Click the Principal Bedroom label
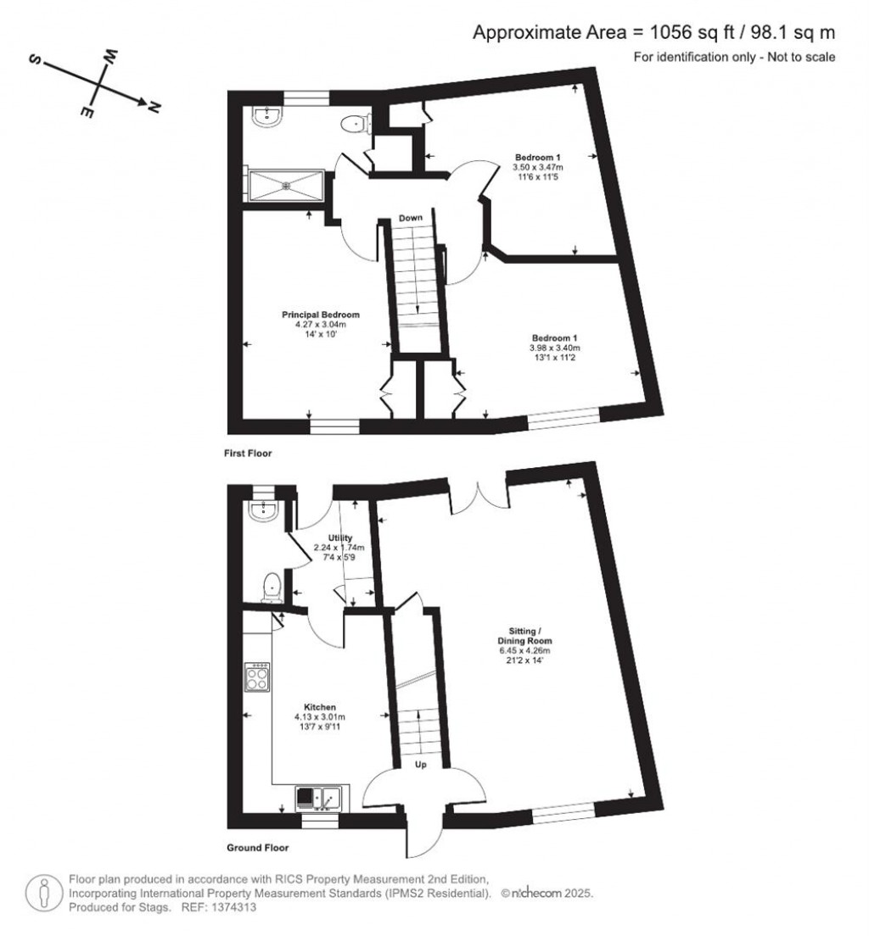(316, 315)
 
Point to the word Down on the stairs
(412, 219)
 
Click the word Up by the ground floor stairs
(420, 765)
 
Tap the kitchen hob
(257, 677)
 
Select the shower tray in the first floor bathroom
(285, 184)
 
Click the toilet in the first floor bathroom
(352, 125)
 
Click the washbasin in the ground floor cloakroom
(263, 508)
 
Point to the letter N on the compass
(154, 107)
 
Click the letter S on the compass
(36, 61)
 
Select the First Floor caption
(249, 454)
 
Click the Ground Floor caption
(258, 847)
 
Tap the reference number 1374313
(231, 907)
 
